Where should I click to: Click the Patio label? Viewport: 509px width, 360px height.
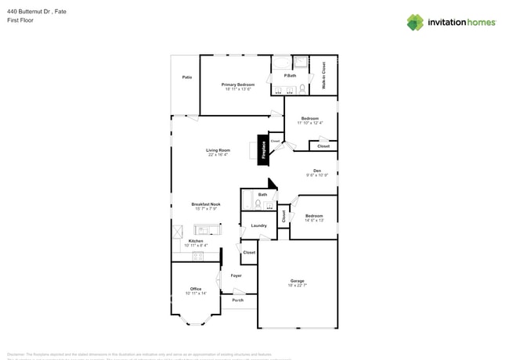pyautogui.click(x=187, y=77)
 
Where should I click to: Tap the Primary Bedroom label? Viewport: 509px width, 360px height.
pyautogui.click(x=238, y=85)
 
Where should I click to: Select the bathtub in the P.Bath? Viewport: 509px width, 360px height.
pyautogui.click(x=281, y=63)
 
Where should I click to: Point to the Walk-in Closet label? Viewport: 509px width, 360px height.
pyautogui.click(x=324, y=74)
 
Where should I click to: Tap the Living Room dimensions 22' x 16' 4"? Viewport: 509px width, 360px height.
pyautogui.click(x=218, y=155)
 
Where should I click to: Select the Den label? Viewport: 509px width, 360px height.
pyautogui.click(x=317, y=171)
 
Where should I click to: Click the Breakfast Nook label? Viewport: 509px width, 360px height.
pyautogui.click(x=206, y=204)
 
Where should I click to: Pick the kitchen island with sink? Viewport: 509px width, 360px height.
pyautogui.click(x=208, y=229)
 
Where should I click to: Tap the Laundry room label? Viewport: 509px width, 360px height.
pyautogui.click(x=258, y=225)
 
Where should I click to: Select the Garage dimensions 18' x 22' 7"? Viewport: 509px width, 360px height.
pyautogui.click(x=297, y=286)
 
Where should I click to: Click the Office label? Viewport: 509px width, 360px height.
pyautogui.click(x=196, y=289)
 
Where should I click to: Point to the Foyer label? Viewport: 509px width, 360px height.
pyautogui.click(x=236, y=275)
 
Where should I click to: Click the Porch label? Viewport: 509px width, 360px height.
pyautogui.click(x=237, y=300)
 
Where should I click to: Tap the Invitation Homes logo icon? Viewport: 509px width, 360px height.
pyautogui.click(x=415, y=22)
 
